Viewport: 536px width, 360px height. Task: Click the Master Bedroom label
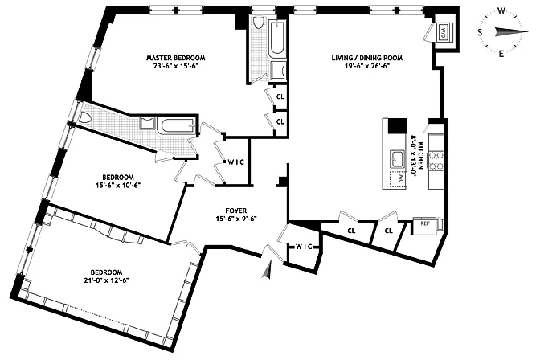(x=176, y=58)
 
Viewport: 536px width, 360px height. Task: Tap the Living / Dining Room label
(x=367, y=58)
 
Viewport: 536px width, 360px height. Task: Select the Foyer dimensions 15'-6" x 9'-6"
(x=236, y=219)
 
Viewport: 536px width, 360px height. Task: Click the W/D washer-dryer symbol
(x=443, y=32)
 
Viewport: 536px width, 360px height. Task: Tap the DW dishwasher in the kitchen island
(x=399, y=178)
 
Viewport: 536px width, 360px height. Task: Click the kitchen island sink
(x=397, y=159)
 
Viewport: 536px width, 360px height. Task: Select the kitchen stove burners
(x=436, y=161)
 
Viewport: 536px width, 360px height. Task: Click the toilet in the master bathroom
(x=258, y=23)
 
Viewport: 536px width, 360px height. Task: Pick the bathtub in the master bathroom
(x=276, y=39)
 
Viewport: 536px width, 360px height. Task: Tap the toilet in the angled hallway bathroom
(x=84, y=118)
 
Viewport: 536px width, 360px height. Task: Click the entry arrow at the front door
(x=267, y=270)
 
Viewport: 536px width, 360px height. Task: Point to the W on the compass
(x=501, y=12)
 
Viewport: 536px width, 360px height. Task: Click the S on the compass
(x=481, y=32)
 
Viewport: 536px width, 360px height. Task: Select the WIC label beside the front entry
(x=304, y=247)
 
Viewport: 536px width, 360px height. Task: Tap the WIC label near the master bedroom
(x=236, y=162)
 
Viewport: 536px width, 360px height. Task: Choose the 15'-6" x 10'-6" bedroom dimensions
(x=118, y=185)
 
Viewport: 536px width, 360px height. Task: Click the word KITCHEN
(x=421, y=155)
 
